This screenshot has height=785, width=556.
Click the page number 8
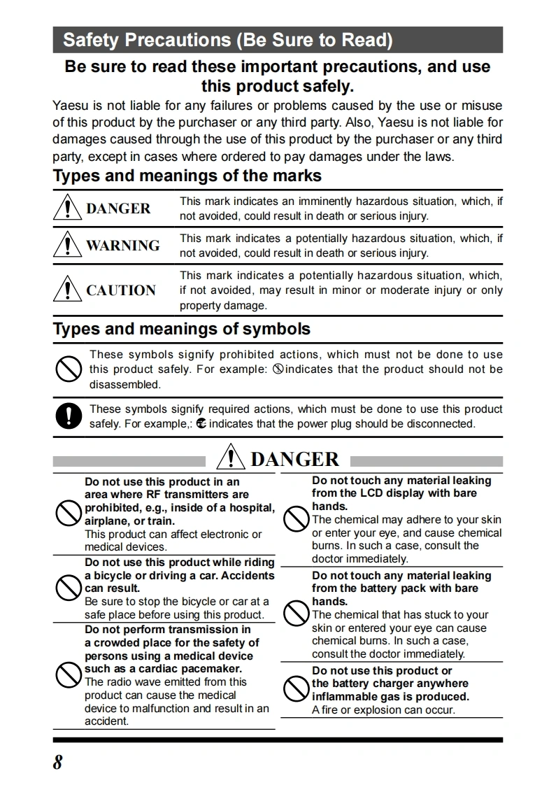tap(57, 762)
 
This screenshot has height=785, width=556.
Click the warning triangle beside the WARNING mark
tap(68, 245)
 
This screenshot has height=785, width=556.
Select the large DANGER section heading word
tap(294, 459)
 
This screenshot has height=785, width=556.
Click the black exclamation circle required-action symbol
tap(69, 416)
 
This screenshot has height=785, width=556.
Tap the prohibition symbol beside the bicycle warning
tap(68, 588)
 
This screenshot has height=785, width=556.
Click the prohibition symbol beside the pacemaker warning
tap(68, 675)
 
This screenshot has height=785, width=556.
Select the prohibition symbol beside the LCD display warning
tap(296, 518)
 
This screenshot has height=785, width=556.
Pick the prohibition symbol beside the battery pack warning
tap(296, 614)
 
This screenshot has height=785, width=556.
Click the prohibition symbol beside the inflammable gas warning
tap(296, 690)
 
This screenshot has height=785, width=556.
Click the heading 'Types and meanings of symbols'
tap(182, 329)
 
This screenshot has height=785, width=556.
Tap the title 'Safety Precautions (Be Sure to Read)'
tap(227, 40)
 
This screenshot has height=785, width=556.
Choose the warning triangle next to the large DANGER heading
tap(230, 458)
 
